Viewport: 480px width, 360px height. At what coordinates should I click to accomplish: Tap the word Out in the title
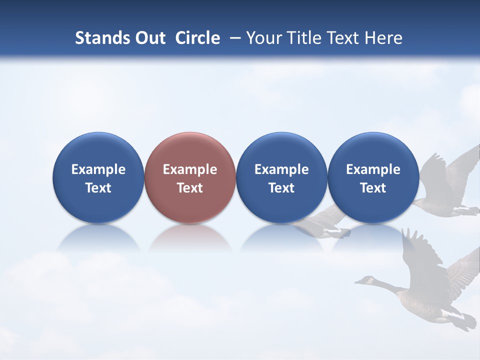coord(148,38)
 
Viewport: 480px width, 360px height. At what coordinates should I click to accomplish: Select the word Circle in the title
coord(197,38)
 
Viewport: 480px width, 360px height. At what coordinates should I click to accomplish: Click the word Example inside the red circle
coord(190,169)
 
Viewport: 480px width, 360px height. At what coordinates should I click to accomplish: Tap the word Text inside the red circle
coord(190,188)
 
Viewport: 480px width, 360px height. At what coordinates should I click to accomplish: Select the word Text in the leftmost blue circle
coord(98,188)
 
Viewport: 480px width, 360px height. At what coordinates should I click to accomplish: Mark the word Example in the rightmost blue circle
coord(373,169)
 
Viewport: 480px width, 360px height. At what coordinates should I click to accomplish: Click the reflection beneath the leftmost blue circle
coord(98,239)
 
